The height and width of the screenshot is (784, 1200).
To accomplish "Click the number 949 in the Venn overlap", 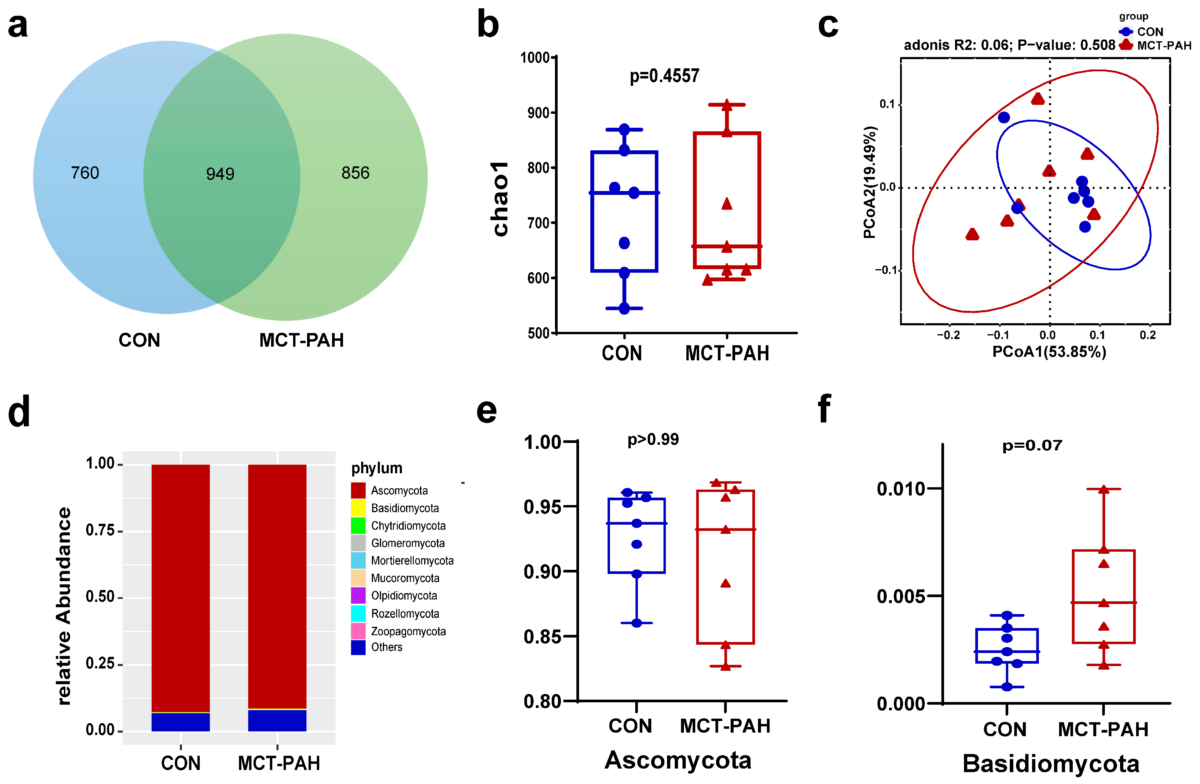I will tap(220, 174).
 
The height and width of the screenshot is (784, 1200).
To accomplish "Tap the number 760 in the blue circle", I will tap(85, 173).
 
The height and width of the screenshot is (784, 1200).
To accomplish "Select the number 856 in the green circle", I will tap(356, 173).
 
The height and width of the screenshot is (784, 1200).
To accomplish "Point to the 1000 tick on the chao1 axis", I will tap(535, 57).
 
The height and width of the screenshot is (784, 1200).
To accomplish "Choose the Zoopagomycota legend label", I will tap(408, 631).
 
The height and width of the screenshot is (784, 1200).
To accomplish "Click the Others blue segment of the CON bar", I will tap(180, 722).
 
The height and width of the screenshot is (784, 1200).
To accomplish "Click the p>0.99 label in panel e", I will tap(653, 439).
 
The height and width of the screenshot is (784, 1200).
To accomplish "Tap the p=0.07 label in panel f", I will tap(1032, 445).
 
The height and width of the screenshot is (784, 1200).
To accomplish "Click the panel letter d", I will tap(19, 412).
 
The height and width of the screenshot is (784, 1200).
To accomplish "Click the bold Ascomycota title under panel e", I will tap(678, 760).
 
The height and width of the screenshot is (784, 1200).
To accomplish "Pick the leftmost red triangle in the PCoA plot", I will tap(972, 234).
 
